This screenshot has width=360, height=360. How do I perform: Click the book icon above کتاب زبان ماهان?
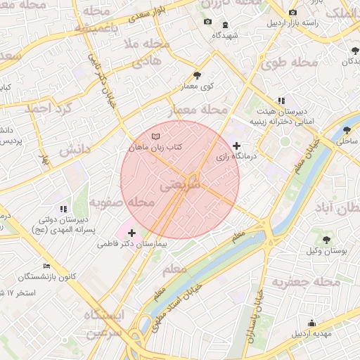point(155,136)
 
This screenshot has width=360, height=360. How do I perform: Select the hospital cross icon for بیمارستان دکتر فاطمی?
point(131,232)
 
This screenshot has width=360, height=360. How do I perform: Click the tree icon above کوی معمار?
point(197,75)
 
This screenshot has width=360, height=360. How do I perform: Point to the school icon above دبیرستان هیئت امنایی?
point(281,101)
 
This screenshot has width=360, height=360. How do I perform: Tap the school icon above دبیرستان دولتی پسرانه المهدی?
point(63,209)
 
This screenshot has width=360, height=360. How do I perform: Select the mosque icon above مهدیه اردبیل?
point(312,323)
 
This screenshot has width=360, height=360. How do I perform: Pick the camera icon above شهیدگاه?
point(207,22)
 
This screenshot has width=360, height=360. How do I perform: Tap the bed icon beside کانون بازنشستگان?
point(46,266)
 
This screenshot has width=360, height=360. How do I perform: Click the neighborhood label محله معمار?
point(200,110)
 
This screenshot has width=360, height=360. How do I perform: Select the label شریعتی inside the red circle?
point(181,184)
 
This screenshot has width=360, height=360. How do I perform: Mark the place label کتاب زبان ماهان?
point(155,147)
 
